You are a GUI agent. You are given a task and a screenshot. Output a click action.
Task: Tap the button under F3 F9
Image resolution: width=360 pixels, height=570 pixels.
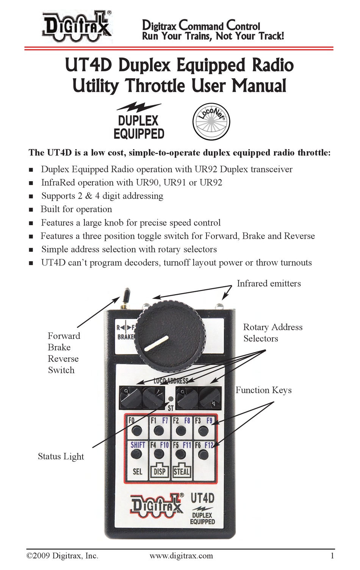coord(204,431)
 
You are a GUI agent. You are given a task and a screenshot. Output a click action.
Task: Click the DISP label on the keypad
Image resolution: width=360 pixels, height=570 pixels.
coord(160,471)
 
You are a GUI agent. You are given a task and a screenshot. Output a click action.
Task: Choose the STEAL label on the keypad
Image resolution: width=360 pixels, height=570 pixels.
coord(181,471)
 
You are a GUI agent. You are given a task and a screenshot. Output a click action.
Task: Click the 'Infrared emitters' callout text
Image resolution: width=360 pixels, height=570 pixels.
coord(269,283)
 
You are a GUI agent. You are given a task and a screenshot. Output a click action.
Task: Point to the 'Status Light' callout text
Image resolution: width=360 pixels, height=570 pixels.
coord(61,456)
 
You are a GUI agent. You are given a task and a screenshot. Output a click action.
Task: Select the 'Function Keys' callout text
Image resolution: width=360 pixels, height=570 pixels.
coord(263,390)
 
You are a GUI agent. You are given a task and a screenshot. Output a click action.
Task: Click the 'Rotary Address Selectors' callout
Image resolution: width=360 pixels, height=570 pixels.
coord(272,333)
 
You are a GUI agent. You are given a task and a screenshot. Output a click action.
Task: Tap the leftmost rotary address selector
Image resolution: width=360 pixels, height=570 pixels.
coord(130,397)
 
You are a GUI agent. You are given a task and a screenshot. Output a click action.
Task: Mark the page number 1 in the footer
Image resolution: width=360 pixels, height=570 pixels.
coord(332,556)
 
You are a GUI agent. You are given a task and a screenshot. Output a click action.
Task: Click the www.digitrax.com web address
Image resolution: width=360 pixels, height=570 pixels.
coord(181,556)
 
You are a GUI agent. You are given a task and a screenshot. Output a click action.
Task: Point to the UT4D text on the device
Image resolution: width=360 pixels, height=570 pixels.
coord(202,498)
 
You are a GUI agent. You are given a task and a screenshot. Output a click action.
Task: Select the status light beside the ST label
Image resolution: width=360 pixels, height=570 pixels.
coord(171,399)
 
